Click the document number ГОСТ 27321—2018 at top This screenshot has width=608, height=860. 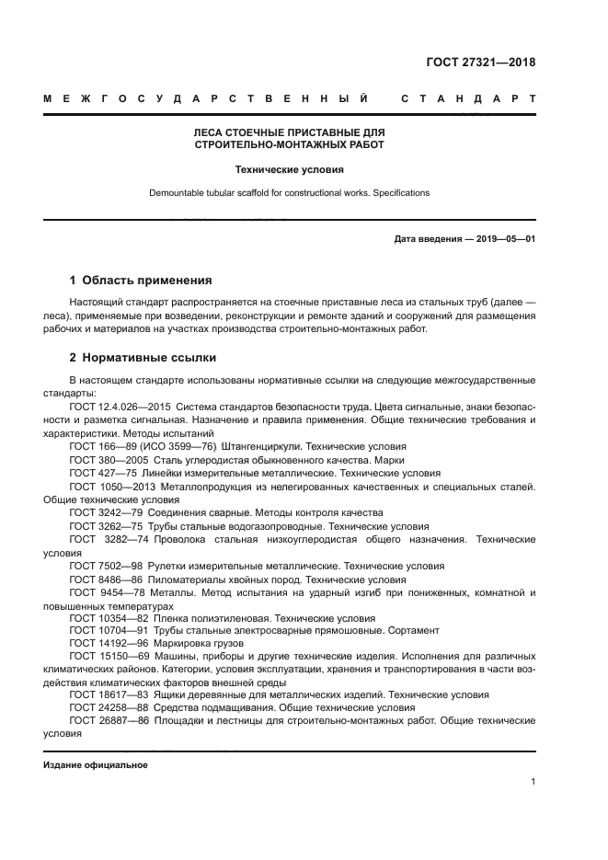[x=480, y=63]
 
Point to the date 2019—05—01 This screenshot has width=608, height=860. [x=502, y=239]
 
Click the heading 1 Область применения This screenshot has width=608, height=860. [x=141, y=280]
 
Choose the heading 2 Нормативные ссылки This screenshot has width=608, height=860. [x=143, y=357]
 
